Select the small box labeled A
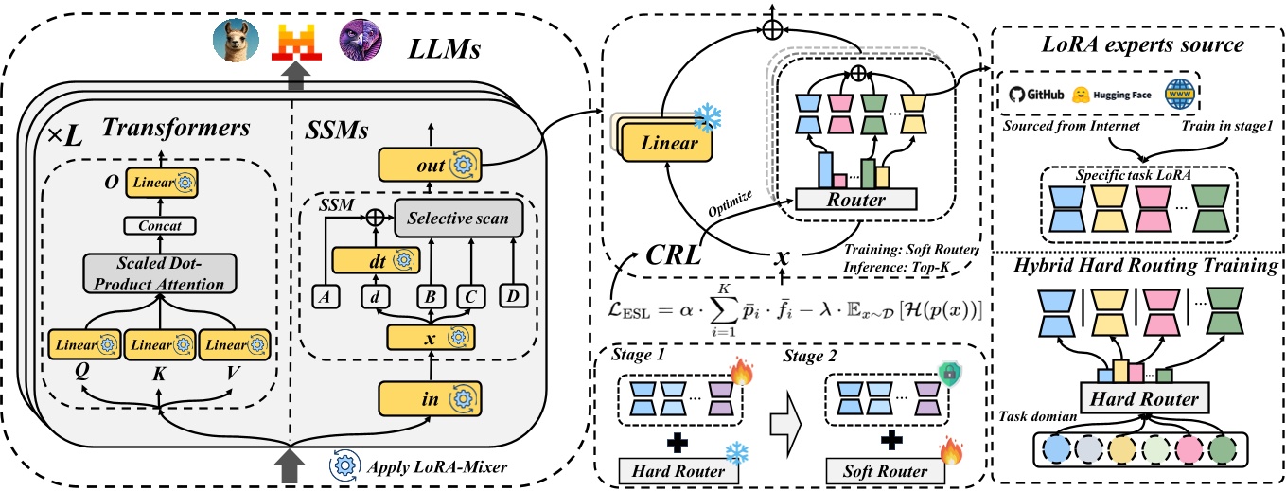tap(325, 296)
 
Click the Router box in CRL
tap(857, 199)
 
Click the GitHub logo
tap(1035, 95)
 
